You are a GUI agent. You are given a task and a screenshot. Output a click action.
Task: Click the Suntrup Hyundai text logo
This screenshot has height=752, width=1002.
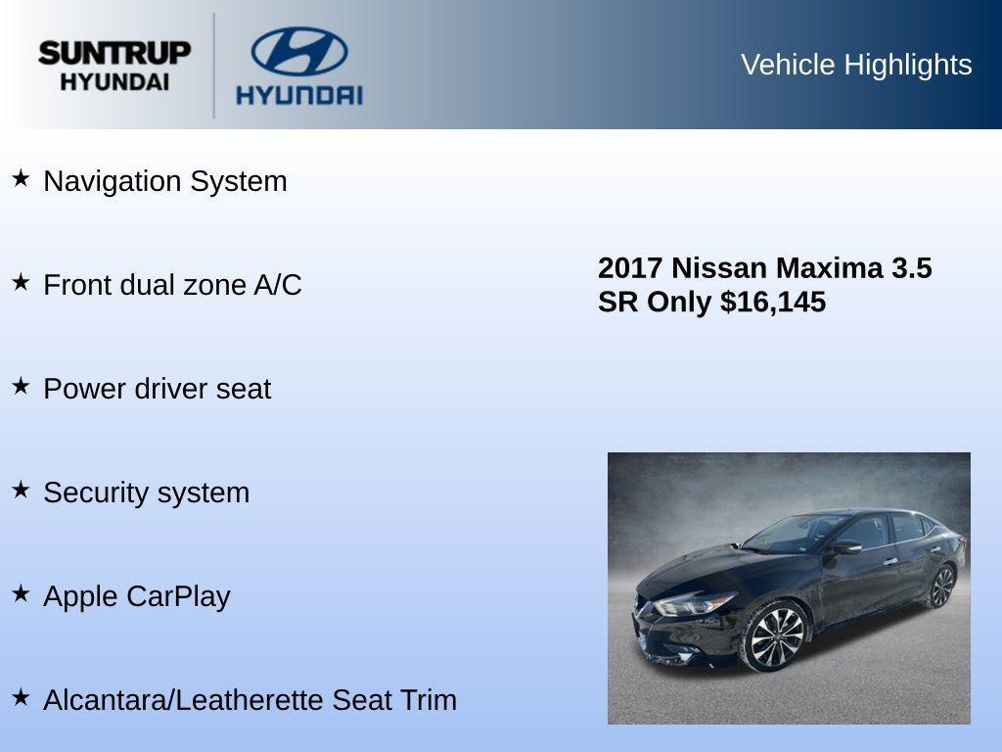[x=114, y=65]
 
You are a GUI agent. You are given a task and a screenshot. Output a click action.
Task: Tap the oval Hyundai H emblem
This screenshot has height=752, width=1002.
[x=298, y=51]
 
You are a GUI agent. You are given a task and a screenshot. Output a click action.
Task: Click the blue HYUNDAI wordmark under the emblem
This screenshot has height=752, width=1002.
[x=298, y=95]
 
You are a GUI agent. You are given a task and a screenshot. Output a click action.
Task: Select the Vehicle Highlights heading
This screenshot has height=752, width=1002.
[x=856, y=65]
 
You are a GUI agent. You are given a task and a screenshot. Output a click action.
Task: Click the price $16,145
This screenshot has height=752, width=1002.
[x=773, y=302]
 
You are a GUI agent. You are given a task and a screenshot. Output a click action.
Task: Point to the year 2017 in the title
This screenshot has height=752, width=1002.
[x=630, y=268]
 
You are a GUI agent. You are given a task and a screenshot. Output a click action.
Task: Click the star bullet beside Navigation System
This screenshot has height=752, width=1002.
[x=21, y=179]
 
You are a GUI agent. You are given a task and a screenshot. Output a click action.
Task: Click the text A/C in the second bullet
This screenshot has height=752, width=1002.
[x=278, y=285]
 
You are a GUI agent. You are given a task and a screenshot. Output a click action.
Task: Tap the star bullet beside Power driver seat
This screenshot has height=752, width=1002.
[x=21, y=387]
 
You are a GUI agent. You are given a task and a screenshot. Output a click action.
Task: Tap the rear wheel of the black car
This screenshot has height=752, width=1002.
[x=941, y=586]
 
